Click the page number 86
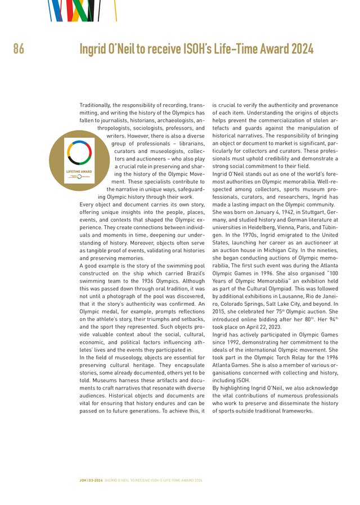tap(19, 50)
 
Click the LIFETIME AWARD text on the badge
tap(79, 170)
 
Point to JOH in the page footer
tap(83, 480)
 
